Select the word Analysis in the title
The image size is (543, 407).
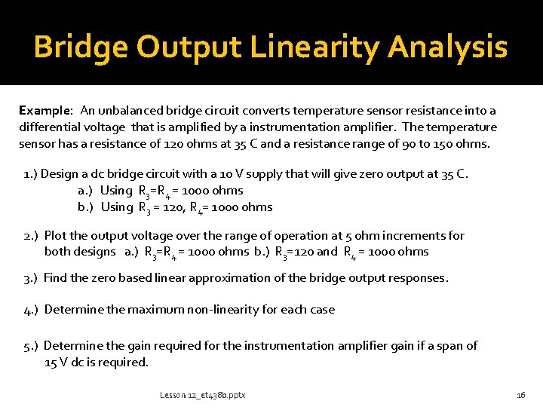[x=448, y=47]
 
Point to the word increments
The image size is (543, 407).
[x=396, y=236]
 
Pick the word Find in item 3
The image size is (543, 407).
[x=55, y=277]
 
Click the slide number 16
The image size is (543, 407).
[x=520, y=395]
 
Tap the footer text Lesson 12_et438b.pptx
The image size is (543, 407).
[x=203, y=395]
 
